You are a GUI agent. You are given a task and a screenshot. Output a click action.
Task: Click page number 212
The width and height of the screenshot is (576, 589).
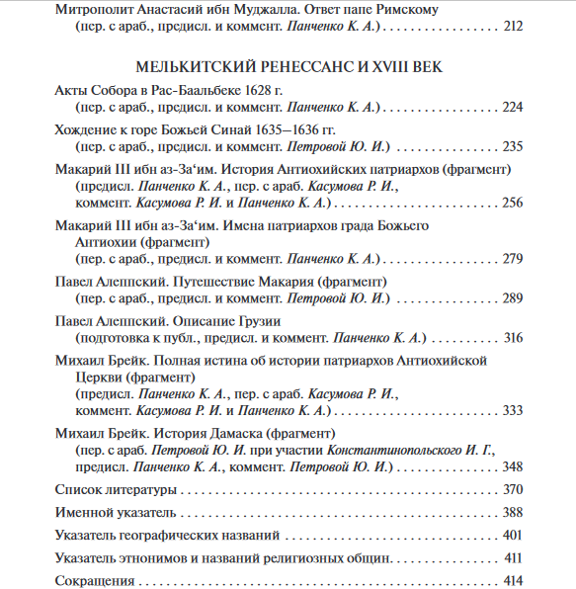coord(513,27)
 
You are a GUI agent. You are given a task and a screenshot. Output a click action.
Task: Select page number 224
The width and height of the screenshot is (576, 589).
coord(512,107)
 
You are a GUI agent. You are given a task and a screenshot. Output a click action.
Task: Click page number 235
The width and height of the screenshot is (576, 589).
coord(512,146)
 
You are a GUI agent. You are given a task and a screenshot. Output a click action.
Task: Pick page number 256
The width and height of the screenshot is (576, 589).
coord(512,203)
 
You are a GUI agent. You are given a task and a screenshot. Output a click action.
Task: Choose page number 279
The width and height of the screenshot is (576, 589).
coord(512,259)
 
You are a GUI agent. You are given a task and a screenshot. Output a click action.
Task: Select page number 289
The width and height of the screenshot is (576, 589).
coord(512,298)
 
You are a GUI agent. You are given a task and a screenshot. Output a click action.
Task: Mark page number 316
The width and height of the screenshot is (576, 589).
coord(512,338)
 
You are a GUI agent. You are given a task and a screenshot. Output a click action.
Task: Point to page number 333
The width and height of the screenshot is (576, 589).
coord(512,410)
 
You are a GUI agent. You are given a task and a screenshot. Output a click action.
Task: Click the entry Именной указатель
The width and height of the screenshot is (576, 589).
coord(116,512)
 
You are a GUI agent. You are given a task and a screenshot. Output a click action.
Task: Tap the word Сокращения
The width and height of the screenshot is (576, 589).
coord(94,580)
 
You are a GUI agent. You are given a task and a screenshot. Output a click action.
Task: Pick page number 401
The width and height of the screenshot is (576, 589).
coord(512,535)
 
